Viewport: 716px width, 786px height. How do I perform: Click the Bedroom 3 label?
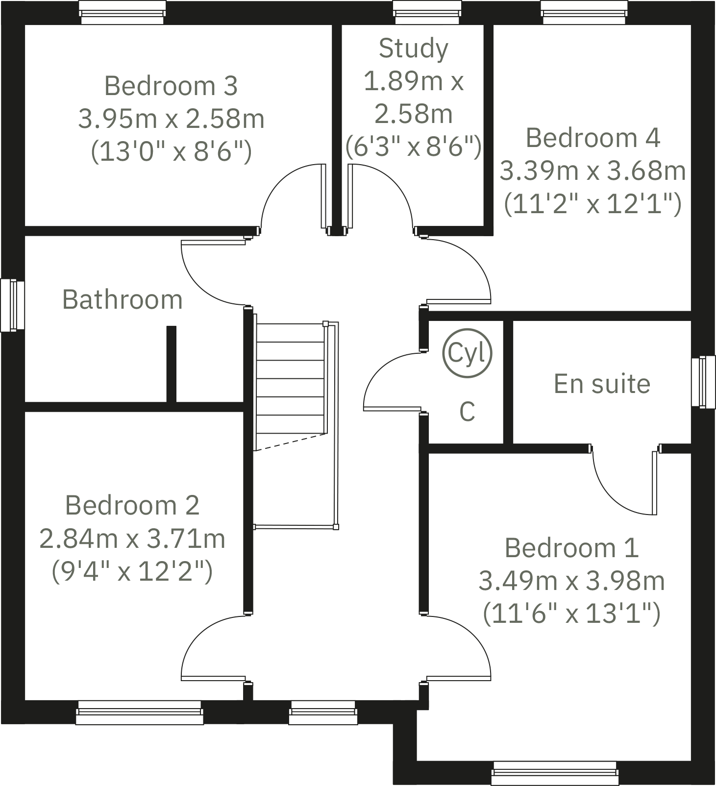171,86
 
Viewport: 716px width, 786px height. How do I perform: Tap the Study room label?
413,49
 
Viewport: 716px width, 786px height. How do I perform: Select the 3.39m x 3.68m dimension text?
592,171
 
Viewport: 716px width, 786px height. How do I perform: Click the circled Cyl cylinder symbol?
467,353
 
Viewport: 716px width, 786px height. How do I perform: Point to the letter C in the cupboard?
467,412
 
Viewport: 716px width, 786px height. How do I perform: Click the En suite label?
602,384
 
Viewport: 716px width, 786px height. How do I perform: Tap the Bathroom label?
122,299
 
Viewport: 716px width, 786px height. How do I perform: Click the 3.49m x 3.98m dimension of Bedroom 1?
571,581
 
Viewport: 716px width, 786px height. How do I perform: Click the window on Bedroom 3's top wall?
123,12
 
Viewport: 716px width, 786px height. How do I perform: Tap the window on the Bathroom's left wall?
12,305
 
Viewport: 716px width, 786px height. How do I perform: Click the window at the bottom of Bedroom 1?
555,773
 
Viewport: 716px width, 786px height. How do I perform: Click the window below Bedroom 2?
140,712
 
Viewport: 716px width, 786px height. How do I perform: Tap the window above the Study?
428,12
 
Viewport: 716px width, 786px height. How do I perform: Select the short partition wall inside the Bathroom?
171,364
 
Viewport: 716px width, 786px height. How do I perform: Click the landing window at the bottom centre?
323,712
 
